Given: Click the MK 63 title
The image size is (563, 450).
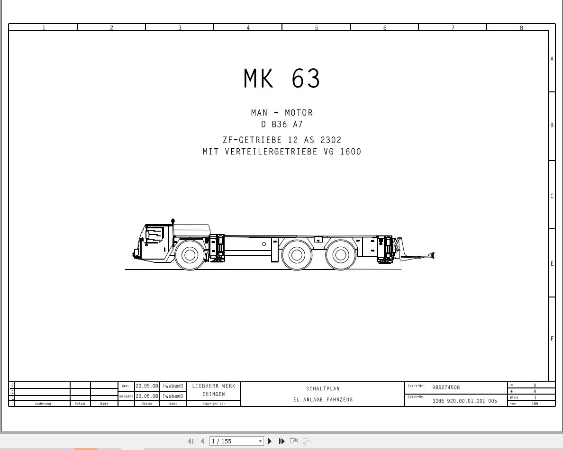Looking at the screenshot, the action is [282, 78].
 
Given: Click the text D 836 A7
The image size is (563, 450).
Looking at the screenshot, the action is [282, 125].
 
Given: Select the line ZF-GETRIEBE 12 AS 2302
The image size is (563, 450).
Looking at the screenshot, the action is [282, 140].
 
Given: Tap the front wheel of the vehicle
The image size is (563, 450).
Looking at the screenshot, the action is [190, 255].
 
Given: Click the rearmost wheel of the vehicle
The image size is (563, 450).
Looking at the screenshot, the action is [340, 255].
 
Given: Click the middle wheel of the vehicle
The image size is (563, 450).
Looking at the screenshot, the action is [297, 255].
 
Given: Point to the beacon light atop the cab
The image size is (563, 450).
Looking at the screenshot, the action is [173, 221].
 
